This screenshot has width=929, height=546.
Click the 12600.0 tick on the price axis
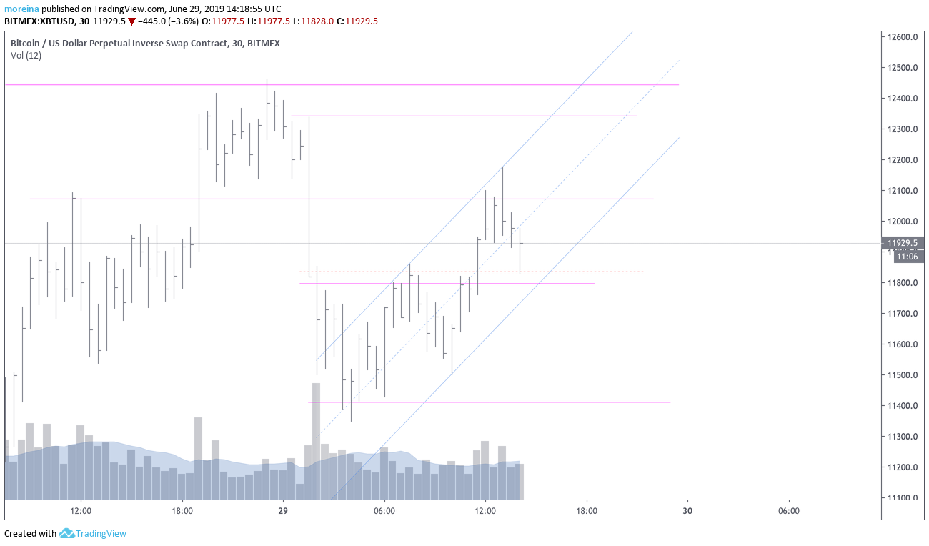[903, 37]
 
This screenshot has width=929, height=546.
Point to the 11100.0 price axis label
[903, 498]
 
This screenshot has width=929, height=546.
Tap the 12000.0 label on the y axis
[903, 222]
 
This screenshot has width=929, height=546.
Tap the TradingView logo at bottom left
[93, 533]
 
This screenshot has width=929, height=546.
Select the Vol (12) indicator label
[26, 56]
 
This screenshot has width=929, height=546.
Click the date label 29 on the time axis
[283, 511]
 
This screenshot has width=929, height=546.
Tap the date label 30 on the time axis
[687, 511]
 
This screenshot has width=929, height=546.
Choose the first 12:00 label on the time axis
[81, 511]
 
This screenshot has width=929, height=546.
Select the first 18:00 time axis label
[182, 511]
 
